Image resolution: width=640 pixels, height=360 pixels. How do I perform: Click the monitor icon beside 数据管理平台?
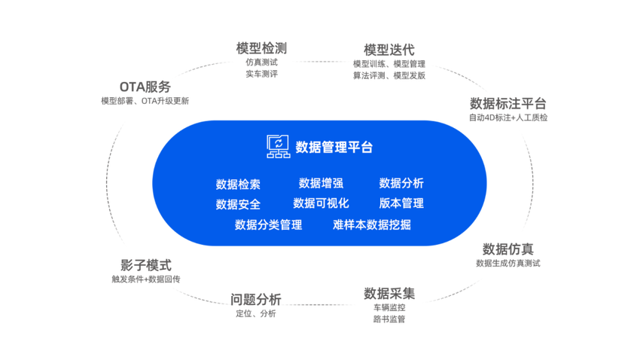tap(278, 146)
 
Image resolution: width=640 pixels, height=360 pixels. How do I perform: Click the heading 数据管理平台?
tap(334, 147)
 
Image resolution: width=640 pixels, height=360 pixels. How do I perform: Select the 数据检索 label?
tap(238, 184)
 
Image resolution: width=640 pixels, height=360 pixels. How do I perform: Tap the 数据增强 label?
tap(321, 183)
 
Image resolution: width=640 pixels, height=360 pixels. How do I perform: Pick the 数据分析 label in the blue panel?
tap(401, 183)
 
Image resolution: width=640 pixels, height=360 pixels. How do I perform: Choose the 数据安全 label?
tap(238, 204)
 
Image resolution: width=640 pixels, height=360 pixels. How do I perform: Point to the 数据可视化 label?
tap(321, 203)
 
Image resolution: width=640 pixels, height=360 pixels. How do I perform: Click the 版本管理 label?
tap(401, 203)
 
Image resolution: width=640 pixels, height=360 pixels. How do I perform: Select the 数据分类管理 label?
tap(268, 224)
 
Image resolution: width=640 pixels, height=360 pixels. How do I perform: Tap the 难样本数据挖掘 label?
tap(372, 224)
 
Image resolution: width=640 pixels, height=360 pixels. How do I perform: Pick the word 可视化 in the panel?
tap(332, 203)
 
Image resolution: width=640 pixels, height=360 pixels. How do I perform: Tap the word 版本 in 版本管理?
tap(390, 203)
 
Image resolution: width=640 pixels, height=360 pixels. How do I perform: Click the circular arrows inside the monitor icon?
tap(278, 142)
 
